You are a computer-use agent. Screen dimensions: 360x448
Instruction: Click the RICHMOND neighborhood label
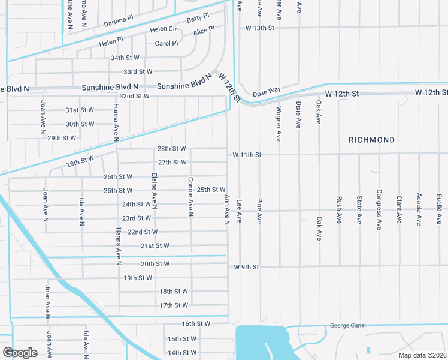point(372,140)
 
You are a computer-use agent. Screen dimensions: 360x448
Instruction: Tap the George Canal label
point(347,326)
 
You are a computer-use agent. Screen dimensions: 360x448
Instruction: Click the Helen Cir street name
point(164,29)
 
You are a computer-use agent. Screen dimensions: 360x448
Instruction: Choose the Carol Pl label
point(167,43)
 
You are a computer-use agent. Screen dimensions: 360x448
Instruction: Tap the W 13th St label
point(259,28)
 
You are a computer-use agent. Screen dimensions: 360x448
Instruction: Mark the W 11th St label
point(247,155)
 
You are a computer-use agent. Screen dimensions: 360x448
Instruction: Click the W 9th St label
point(246,267)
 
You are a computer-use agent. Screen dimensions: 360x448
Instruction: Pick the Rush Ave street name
point(339,209)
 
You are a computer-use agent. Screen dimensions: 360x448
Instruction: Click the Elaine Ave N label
point(154,191)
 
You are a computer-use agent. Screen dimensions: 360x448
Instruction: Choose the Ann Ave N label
point(227,209)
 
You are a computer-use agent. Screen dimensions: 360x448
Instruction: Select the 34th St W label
point(125,58)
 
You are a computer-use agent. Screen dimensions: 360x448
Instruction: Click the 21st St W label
point(155,245)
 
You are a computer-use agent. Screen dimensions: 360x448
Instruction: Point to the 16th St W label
point(196,323)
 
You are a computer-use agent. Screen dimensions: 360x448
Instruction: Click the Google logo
point(20,352)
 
